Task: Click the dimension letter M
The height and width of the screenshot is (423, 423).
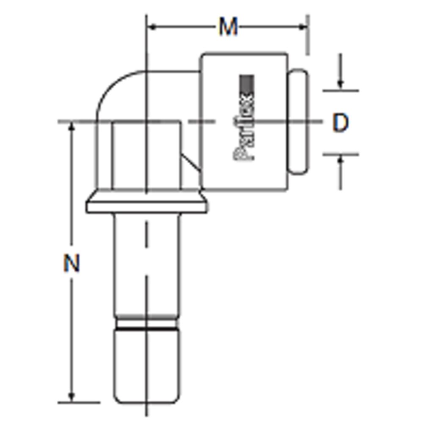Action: (x=228, y=28)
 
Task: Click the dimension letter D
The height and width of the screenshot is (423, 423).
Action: (x=340, y=123)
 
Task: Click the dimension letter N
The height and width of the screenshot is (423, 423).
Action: (x=71, y=263)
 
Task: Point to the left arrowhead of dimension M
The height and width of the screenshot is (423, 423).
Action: (x=151, y=27)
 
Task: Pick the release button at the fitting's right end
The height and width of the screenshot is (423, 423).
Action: (x=298, y=121)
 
